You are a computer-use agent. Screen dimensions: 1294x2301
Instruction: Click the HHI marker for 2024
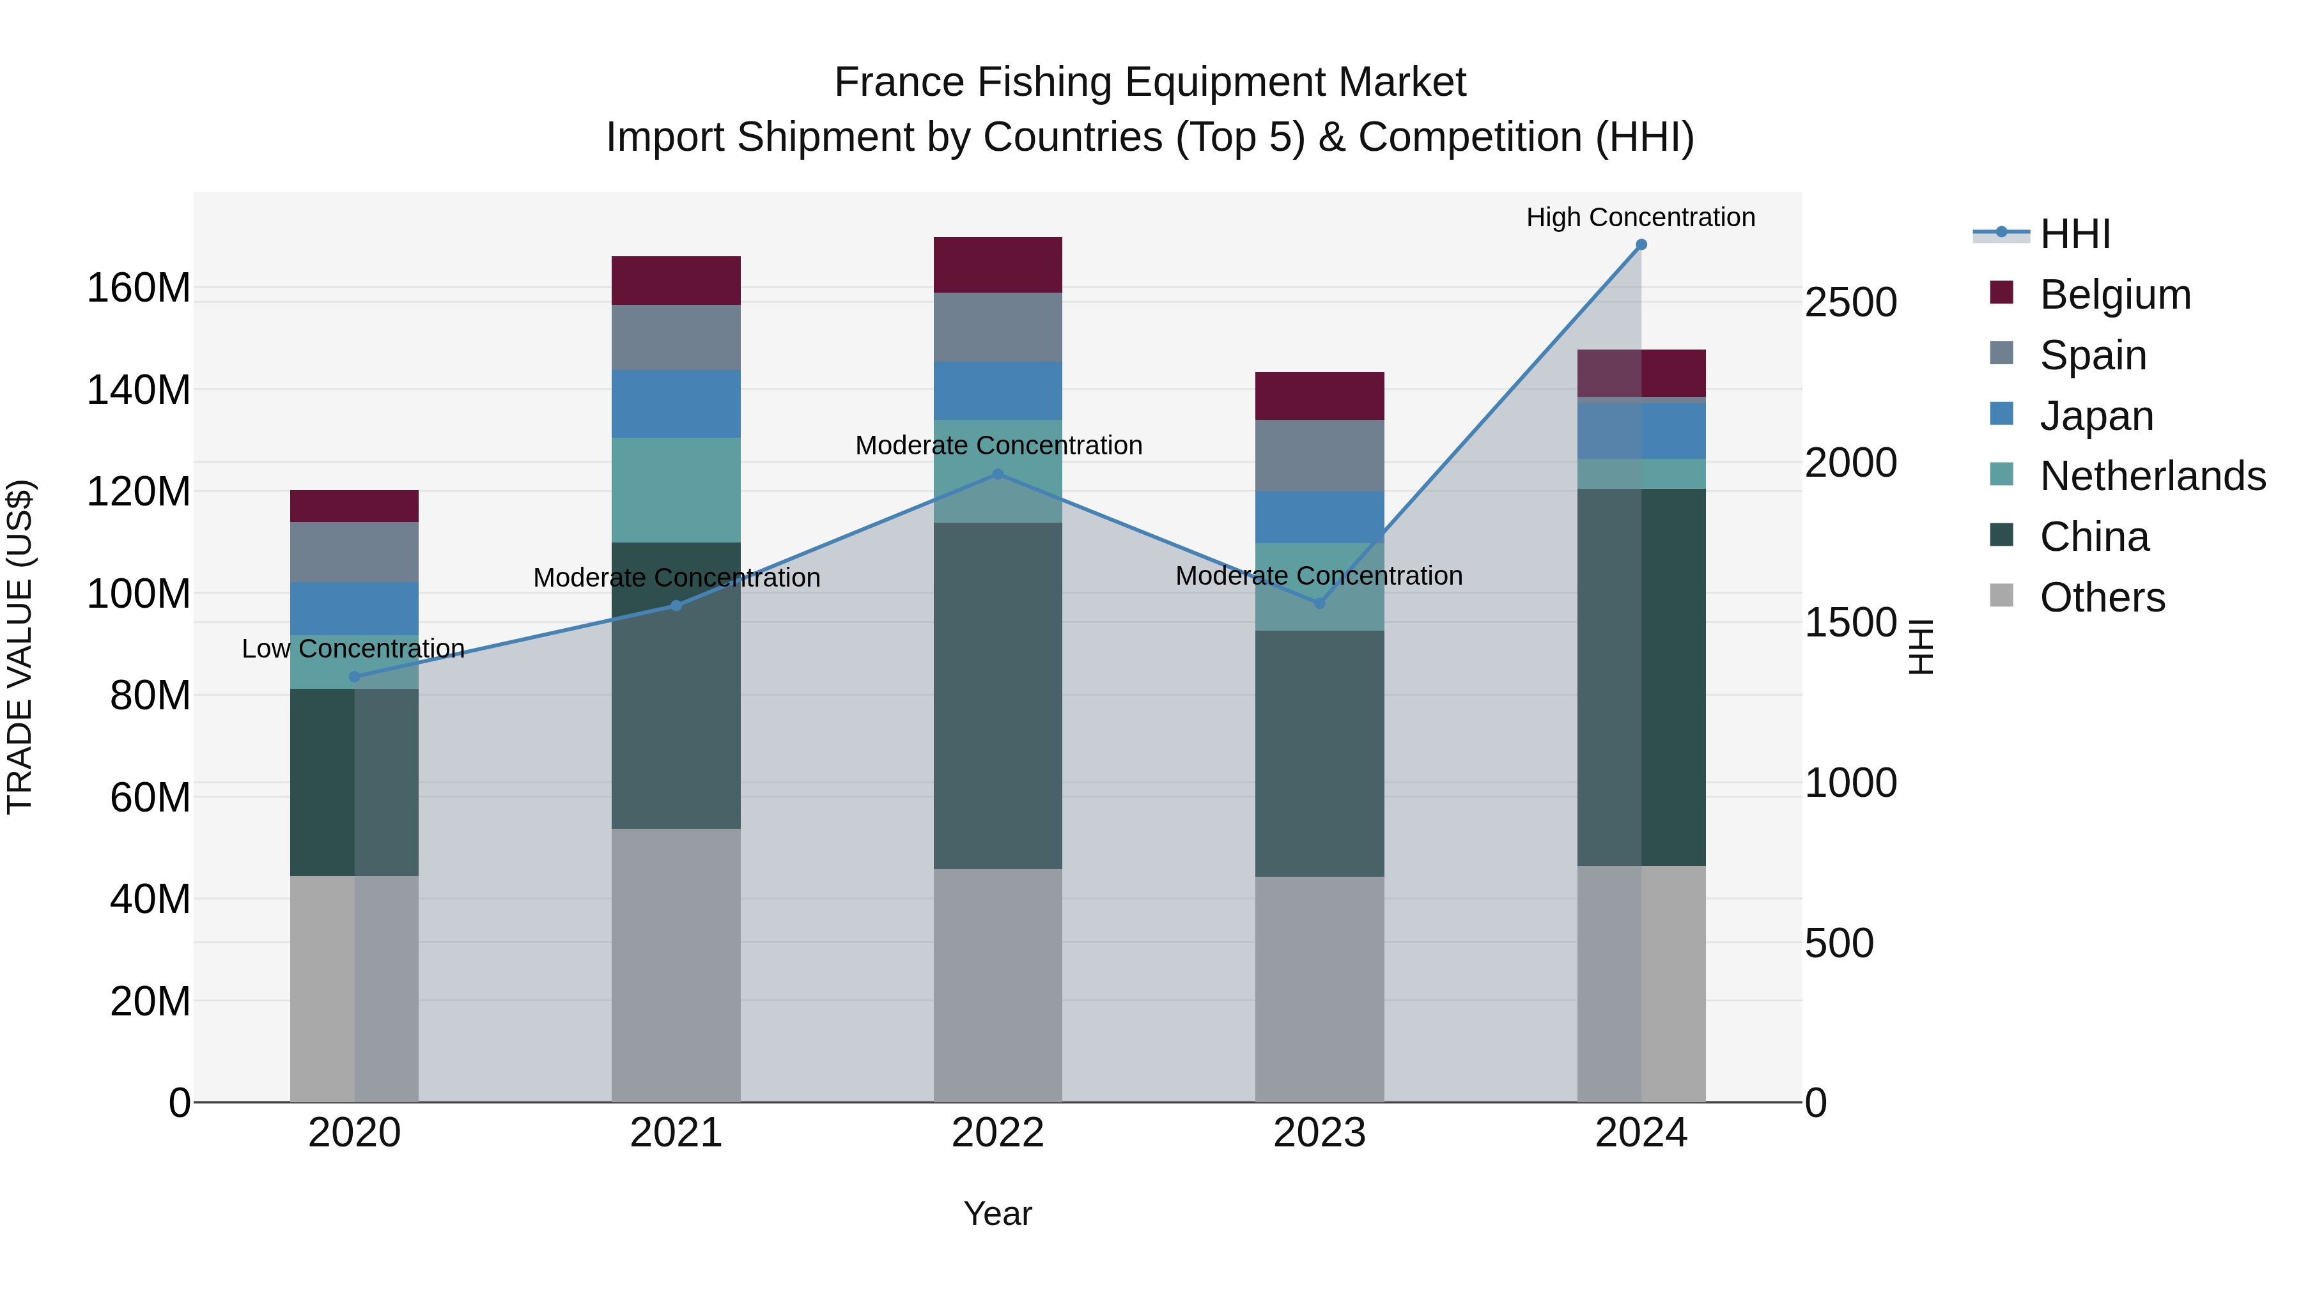[x=1641, y=245]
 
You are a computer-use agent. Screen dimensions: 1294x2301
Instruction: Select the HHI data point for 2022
[x=998, y=474]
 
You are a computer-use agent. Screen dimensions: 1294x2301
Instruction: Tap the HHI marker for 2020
[x=355, y=677]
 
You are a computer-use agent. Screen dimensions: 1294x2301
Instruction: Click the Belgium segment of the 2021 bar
[x=676, y=281]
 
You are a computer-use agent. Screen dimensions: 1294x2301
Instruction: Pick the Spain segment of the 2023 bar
[x=1319, y=456]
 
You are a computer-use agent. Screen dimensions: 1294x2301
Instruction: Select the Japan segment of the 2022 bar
[x=998, y=390]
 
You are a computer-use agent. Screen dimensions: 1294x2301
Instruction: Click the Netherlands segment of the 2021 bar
[x=676, y=489]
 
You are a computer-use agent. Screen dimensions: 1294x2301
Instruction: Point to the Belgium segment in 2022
[x=998, y=265]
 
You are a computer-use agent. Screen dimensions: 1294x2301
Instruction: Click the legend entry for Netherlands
[x=2152, y=476]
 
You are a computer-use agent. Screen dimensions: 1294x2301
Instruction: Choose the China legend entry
[x=2094, y=537]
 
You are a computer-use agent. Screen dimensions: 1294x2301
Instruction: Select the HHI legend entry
[x=2075, y=234]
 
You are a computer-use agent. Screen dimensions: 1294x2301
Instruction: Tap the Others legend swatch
[x=2002, y=596]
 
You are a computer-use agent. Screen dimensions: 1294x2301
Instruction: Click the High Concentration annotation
[x=1640, y=217]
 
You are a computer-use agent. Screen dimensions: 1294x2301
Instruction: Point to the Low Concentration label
[x=353, y=649]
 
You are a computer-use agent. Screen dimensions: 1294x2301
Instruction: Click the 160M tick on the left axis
[x=139, y=288]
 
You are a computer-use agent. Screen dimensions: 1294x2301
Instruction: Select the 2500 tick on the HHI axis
[x=1850, y=303]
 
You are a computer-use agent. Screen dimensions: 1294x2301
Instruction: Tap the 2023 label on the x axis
[x=1319, y=1133]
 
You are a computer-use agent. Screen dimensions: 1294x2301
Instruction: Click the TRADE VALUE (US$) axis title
[x=20, y=647]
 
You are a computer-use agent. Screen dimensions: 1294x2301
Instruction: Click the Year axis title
[x=998, y=1213]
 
